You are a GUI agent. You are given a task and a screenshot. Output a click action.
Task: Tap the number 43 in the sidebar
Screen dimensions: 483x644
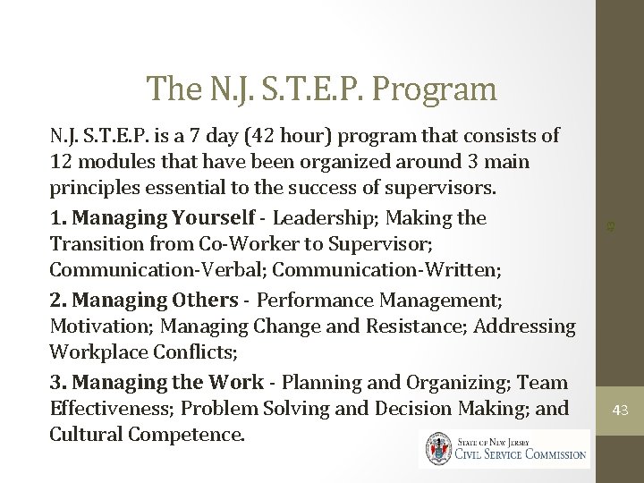click(x=620, y=411)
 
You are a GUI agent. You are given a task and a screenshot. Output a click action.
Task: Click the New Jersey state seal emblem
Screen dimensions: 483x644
click(x=439, y=448)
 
